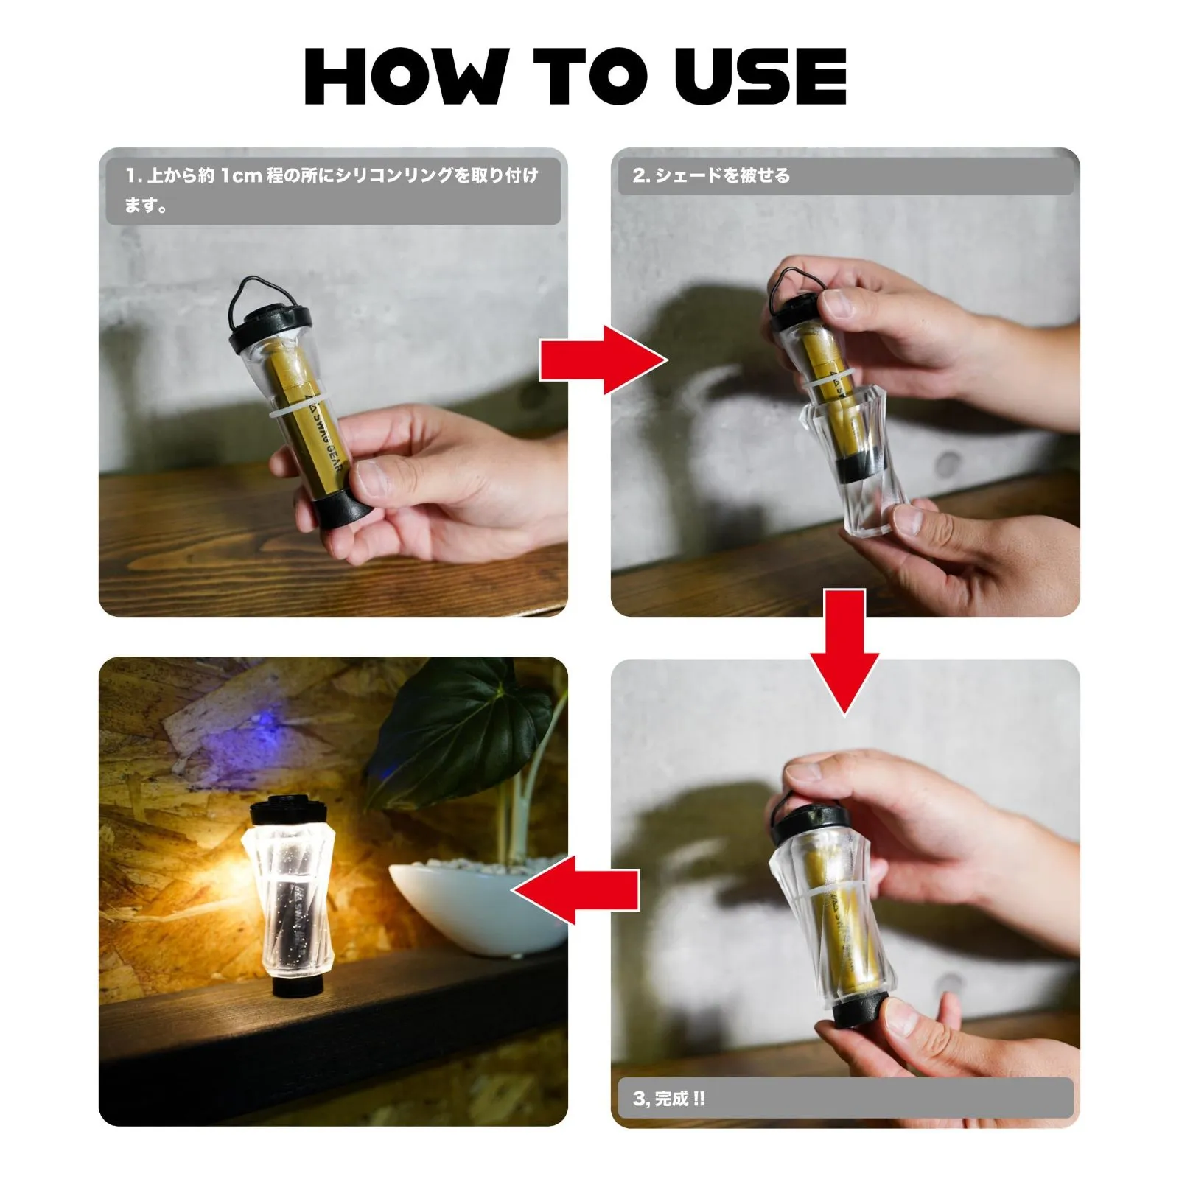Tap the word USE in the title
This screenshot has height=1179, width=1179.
tap(760, 76)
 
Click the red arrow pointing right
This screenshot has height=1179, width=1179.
tap(604, 360)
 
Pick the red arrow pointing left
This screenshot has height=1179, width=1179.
tap(575, 889)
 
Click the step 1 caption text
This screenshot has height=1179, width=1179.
tap(332, 190)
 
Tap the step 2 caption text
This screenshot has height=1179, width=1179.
tap(711, 175)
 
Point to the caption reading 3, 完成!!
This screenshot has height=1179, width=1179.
tap(669, 1099)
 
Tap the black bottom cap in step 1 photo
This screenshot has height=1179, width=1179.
tap(340, 508)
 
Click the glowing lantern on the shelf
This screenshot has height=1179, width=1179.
tap(288, 896)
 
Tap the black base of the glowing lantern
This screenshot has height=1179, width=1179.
tap(297, 984)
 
